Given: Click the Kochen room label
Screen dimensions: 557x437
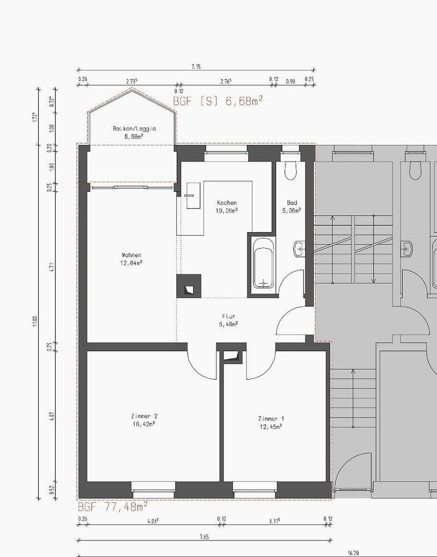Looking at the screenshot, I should click(x=227, y=206).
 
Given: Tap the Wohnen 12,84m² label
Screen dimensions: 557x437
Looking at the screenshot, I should click(x=131, y=258).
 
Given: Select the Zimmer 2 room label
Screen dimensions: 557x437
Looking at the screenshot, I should click(x=144, y=420).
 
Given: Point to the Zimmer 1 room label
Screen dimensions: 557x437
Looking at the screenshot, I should click(x=271, y=422).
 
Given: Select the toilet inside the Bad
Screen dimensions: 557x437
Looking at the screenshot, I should click(x=291, y=170).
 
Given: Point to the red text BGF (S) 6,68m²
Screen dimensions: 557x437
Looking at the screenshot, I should click(x=217, y=101).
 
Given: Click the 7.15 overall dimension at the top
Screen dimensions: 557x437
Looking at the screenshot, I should click(x=196, y=67).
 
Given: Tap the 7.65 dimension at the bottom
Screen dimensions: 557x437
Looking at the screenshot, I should click(x=204, y=537).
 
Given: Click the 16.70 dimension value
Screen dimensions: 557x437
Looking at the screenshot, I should click(x=352, y=553).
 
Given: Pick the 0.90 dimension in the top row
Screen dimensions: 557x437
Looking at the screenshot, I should click(x=290, y=80).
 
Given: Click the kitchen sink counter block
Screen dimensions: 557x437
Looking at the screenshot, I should click(x=193, y=195).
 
